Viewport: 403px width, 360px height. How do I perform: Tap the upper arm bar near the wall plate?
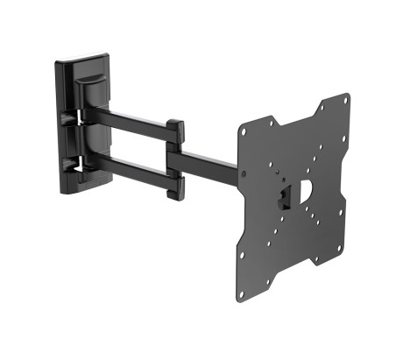(x=131, y=117)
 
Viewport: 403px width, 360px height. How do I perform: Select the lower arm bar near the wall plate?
(x=131, y=166)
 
